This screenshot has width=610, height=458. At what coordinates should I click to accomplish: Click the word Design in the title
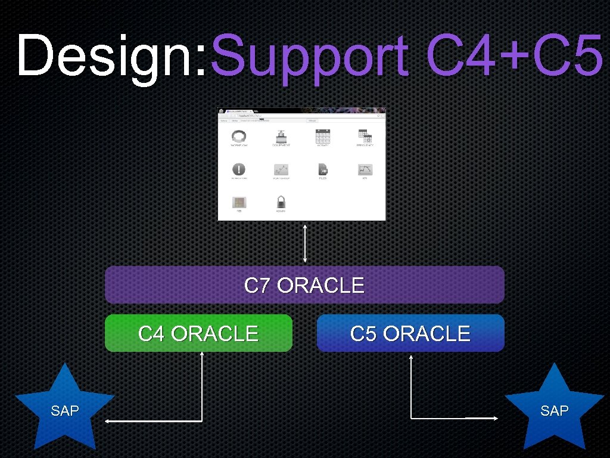tap(110, 57)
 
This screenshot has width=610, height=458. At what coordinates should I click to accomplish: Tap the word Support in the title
tap(310, 57)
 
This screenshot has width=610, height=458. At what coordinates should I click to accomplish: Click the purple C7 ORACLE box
tap(304, 285)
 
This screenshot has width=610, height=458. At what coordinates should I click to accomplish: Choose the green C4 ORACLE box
tap(198, 333)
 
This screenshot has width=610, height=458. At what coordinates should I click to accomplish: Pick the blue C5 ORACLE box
tap(410, 333)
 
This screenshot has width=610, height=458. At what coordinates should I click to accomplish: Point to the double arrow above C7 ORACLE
tap(305, 243)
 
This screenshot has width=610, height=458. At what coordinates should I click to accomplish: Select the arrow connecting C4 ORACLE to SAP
tap(202, 394)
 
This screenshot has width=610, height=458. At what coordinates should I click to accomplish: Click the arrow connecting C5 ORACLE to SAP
tap(412, 394)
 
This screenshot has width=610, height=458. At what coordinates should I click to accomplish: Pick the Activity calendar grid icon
tap(323, 136)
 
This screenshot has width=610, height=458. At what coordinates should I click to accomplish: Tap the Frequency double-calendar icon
tap(365, 136)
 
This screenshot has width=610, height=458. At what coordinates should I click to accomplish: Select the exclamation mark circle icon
tap(239, 169)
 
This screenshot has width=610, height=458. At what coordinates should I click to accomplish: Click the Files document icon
tap(323, 170)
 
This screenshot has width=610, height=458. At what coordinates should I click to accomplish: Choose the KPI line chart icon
tap(365, 170)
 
